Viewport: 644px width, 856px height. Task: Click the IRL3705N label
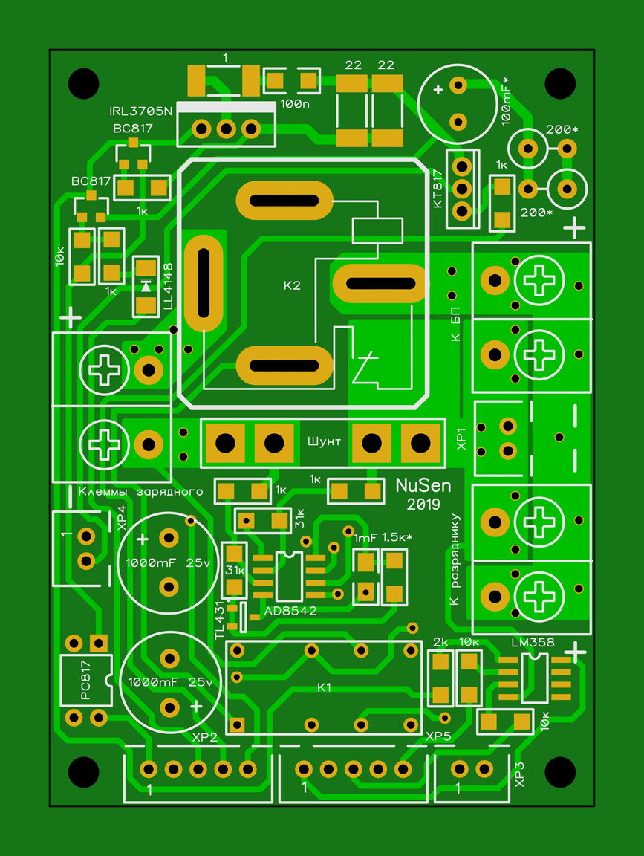pos(141,111)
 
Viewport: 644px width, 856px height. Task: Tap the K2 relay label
pos(292,285)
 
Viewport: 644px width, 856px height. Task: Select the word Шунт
pos(324,441)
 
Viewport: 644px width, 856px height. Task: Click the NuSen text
pos(423,484)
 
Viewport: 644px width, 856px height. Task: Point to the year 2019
pos(423,505)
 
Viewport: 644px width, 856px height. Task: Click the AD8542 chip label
pos(290,611)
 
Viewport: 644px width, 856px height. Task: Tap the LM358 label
pos(533,643)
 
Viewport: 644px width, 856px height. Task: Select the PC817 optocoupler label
pos(85,680)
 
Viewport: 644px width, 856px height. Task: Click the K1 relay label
pos(324,687)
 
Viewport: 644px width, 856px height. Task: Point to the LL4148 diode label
pos(168,286)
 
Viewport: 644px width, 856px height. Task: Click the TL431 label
pos(220,620)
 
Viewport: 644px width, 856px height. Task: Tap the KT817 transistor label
pos(438,189)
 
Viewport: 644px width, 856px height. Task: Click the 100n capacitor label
pos(295,103)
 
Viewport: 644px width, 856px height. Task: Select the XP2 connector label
pos(205,738)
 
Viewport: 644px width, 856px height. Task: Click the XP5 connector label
pos(439,736)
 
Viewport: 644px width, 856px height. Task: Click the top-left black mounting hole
pos(83,83)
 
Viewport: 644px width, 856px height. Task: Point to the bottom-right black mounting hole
pos(561,772)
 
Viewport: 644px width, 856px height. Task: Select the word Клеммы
pos(105,492)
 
